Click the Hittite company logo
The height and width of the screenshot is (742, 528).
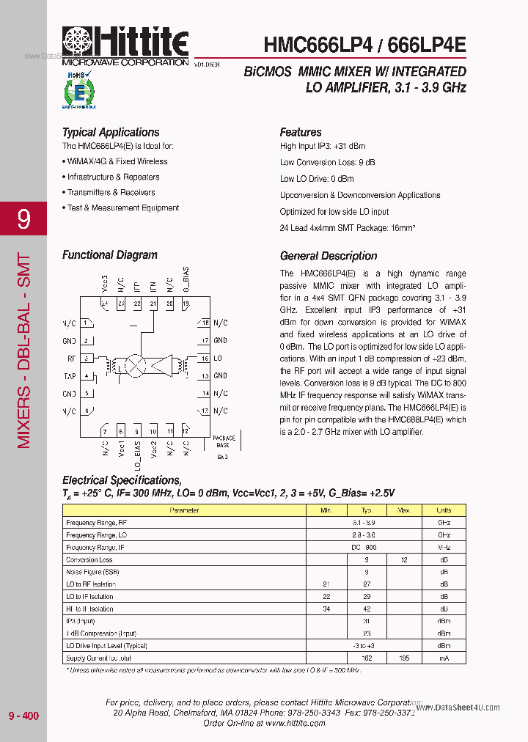(x=125, y=45)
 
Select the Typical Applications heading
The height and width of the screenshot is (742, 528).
(x=111, y=132)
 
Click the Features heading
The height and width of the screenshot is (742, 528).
(x=301, y=132)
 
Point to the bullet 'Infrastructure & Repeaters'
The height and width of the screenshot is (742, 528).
(x=113, y=177)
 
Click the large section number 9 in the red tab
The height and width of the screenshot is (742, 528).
(x=24, y=219)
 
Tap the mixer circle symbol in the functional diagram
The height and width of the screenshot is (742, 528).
(x=136, y=364)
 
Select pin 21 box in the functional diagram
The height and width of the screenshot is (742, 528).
(x=153, y=304)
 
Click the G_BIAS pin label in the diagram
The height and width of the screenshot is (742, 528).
(x=186, y=283)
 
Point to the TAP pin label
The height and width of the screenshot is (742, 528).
(x=70, y=376)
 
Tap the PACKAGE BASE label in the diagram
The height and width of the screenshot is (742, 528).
(x=224, y=441)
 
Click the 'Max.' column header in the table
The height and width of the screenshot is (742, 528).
(x=403, y=510)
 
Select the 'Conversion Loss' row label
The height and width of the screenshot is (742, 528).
(x=89, y=559)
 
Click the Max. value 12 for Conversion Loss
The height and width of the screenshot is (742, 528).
(x=403, y=559)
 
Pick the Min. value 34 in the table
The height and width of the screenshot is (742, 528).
(x=326, y=609)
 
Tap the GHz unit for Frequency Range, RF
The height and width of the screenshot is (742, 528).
(x=444, y=522)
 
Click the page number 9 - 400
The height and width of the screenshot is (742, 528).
(x=23, y=716)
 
